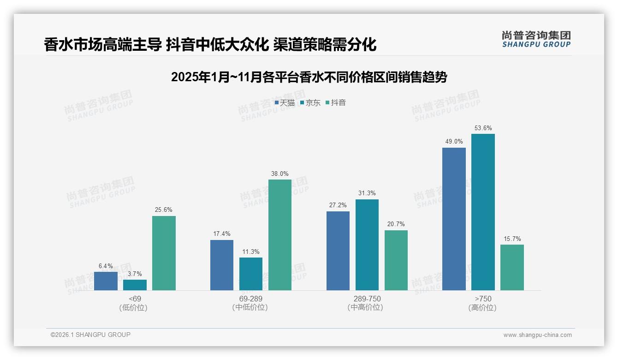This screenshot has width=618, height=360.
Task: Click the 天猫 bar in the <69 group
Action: [x=106, y=281]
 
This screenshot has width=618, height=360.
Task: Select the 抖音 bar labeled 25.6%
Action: [x=164, y=253]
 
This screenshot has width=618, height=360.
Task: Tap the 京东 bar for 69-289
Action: [x=251, y=274]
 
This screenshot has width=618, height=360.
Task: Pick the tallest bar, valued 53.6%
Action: [x=483, y=212]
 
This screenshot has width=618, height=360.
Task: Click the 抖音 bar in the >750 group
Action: [x=512, y=267]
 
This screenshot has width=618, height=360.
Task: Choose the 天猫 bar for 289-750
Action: [x=338, y=251]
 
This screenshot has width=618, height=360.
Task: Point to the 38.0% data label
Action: [x=280, y=174]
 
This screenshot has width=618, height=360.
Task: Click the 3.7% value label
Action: [x=135, y=274]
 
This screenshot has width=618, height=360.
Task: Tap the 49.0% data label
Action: [x=454, y=142]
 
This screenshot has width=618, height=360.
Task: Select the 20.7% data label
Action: [x=396, y=224]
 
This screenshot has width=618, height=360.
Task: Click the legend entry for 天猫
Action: [x=285, y=103]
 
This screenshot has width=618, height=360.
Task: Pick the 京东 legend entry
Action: [x=310, y=103]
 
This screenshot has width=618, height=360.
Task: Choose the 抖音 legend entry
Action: [x=336, y=103]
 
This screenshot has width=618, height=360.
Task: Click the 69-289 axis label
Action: [x=251, y=299]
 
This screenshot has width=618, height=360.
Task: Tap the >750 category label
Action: [x=483, y=299]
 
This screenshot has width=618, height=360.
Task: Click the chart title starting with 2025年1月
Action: [x=309, y=77]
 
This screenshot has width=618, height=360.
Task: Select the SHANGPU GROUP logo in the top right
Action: [x=536, y=39]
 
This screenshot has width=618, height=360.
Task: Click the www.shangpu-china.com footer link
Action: [x=537, y=335]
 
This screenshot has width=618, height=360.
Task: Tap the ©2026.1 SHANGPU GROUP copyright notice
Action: [x=90, y=335]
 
